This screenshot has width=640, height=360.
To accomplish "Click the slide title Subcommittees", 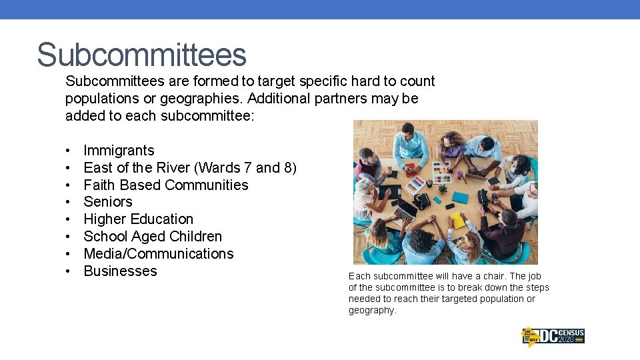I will coord(141,55).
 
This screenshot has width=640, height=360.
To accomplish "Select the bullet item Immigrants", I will coord(119,151).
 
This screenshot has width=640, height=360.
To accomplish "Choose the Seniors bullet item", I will coord(108,202).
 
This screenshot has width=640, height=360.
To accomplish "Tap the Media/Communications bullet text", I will coord(159,254).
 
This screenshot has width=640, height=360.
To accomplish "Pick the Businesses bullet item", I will coord(120,271).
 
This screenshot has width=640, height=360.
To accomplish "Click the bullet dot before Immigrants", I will coord(69,151).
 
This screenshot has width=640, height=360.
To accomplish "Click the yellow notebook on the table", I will coord(457,221).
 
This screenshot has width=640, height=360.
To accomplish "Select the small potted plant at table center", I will coord(442,189).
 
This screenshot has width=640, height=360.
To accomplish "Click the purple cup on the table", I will coord(459,177).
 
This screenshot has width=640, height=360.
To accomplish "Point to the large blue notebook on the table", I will coord(461,198).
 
